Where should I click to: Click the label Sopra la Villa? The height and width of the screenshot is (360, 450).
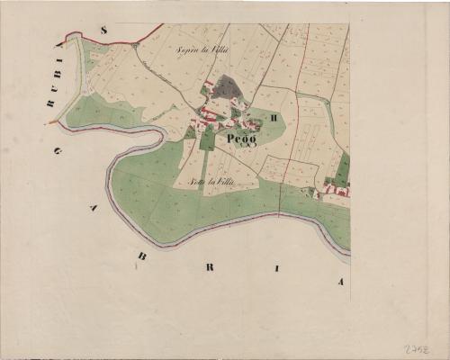point(202,50)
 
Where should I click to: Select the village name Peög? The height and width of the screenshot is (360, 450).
point(242,139)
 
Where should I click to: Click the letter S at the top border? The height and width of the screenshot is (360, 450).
point(104,31)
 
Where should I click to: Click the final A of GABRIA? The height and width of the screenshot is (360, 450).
point(341,282)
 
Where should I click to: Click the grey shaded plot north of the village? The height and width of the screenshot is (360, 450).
point(227,87)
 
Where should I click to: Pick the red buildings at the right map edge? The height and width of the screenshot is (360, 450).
point(337,189)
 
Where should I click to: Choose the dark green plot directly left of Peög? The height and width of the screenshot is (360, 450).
point(208,138)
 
